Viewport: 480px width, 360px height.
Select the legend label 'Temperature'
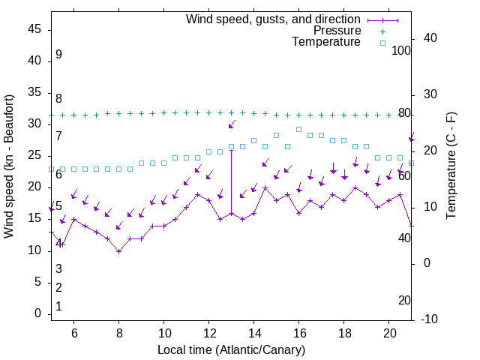pyautogui.click(x=326, y=42)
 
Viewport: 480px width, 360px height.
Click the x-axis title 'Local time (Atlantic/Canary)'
pyautogui.click(x=231, y=350)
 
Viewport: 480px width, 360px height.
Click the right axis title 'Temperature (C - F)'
pyautogui.click(x=451, y=166)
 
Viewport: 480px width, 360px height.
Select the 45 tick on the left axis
pyautogui.click(x=34, y=29)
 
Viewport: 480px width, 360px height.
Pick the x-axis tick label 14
pyautogui.click(x=254, y=332)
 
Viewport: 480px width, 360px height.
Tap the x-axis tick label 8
pyautogui.click(x=118, y=332)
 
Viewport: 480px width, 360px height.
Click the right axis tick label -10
pyautogui.click(x=429, y=319)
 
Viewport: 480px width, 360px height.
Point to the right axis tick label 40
pyautogui.click(x=430, y=38)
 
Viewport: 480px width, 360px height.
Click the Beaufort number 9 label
pyautogui.click(x=58, y=55)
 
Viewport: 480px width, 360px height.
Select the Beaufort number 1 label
pyautogui.click(x=58, y=307)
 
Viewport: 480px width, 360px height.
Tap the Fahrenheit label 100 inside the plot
pyautogui.click(x=402, y=50)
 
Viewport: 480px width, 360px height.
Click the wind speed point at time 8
pyautogui.click(x=118, y=251)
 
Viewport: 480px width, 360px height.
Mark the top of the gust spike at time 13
pyautogui.click(x=231, y=150)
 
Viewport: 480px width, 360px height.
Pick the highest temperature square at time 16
pyautogui.click(x=299, y=129)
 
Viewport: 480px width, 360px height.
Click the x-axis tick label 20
pyautogui.click(x=390, y=332)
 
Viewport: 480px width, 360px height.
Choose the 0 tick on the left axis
pyautogui.click(x=37, y=313)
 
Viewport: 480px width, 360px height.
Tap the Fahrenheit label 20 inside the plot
pyautogui.click(x=404, y=300)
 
